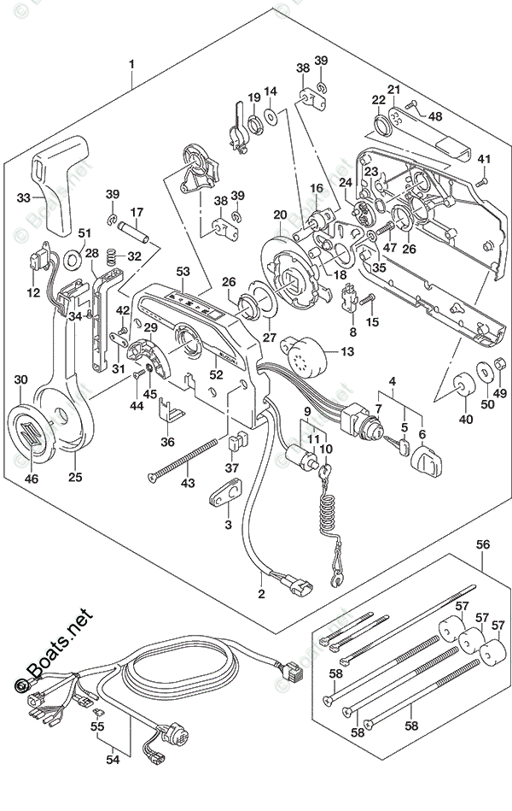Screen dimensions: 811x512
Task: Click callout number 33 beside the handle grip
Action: pyautogui.click(x=23, y=197)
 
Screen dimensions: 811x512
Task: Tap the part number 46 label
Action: pyautogui.click(x=32, y=479)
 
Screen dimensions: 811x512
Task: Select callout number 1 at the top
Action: pyautogui.click(x=132, y=64)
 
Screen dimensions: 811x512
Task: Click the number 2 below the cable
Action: pyautogui.click(x=262, y=593)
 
